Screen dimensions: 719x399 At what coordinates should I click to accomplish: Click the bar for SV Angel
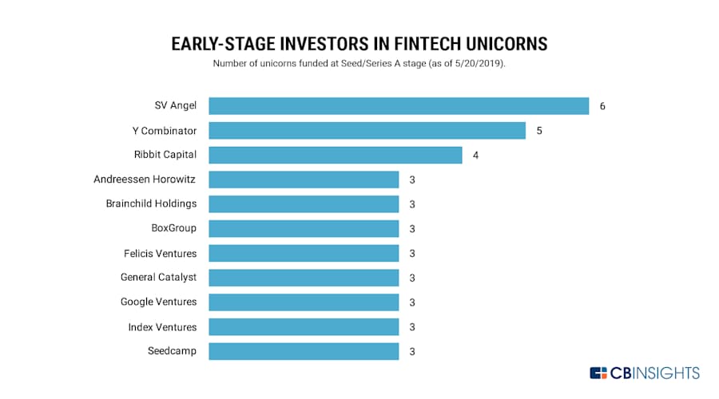tap(399, 106)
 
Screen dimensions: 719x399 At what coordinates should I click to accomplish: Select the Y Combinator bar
tap(367, 131)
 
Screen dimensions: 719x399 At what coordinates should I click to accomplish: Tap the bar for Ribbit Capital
tap(336, 155)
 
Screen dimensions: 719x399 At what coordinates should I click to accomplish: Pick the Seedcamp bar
tap(304, 351)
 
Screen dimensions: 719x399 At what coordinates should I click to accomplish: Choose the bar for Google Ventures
tap(304, 302)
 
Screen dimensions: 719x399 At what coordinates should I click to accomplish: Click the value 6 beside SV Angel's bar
tap(602, 106)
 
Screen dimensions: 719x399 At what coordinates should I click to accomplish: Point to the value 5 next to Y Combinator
tap(539, 131)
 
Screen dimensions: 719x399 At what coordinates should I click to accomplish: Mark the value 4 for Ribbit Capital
tap(476, 156)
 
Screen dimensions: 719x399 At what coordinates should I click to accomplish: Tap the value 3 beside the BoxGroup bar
tap(412, 229)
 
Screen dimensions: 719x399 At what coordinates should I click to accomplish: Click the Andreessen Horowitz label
tap(145, 179)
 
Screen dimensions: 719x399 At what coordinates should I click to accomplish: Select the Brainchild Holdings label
tap(151, 203)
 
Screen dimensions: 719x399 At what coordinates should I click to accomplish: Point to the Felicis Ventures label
tap(160, 253)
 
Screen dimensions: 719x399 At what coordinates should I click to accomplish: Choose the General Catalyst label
tap(159, 278)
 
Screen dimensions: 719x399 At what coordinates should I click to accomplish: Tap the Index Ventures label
tap(162, 327)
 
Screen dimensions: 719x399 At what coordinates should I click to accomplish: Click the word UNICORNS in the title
tap(506, 44)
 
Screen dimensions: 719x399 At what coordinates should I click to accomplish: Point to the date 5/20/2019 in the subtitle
tap(478, 63)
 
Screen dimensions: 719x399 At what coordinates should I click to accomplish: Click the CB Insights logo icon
tap(598, 373)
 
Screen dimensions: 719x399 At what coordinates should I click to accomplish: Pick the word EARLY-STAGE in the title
tap(224, 44)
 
